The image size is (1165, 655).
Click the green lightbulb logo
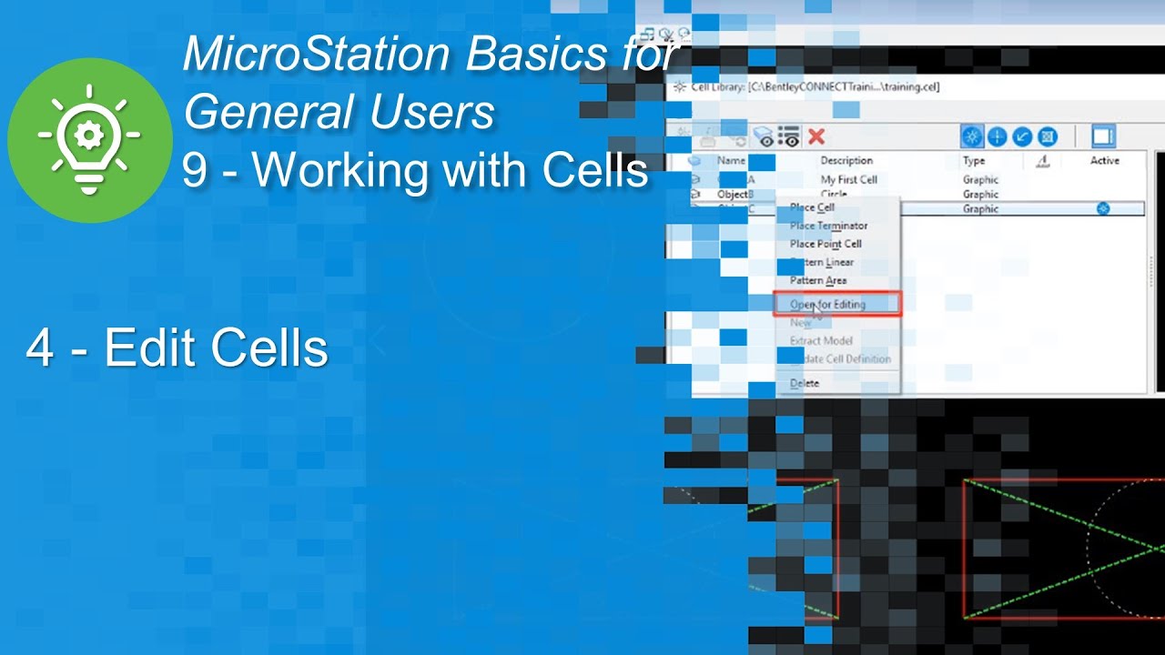89,139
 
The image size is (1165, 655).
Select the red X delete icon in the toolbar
816,136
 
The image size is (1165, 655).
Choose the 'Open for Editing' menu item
828,305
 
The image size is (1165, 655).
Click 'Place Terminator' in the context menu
828,226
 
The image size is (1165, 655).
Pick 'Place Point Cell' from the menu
826,244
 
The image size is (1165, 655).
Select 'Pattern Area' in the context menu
818,280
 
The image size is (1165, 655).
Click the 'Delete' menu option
805,383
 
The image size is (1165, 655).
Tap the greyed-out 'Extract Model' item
821,340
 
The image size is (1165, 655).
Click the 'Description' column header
846,161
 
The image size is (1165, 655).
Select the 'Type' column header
974,161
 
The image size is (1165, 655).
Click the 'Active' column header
1105,161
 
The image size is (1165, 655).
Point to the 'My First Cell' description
849,180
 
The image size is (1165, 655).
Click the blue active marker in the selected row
1103,208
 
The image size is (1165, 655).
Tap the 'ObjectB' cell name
734,194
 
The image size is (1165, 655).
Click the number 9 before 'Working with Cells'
194,170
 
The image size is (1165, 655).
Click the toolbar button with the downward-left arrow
1022,136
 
